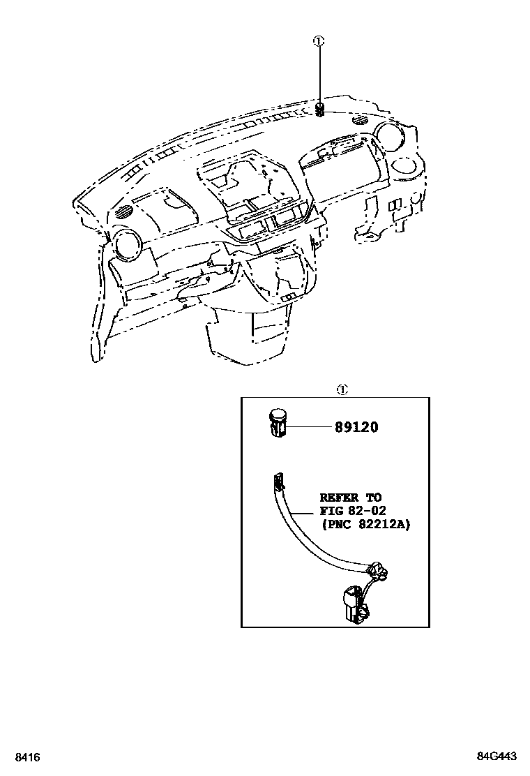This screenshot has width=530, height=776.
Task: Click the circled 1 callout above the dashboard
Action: click(x=319, y=41)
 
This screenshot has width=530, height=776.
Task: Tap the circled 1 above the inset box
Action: click(x=342, y=389)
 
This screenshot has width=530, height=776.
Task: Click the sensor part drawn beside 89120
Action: click(x=278, y=423)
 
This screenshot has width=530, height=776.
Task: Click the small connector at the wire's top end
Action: click(x=280, y=479)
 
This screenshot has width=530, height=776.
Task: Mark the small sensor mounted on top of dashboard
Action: click(x=319, y=109)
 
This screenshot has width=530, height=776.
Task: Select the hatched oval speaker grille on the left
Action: click(x=124, y=211)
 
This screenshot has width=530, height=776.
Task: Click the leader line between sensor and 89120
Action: click(x=308, y=426)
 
